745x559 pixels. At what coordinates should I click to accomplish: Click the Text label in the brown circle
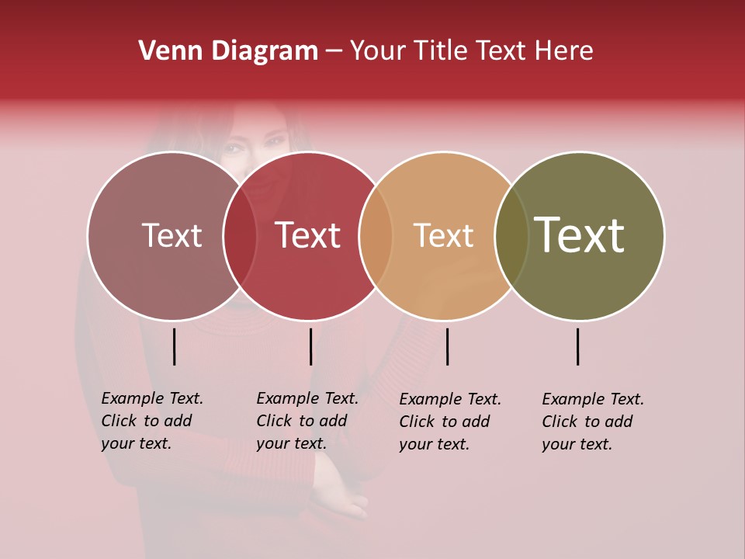click(172, 235)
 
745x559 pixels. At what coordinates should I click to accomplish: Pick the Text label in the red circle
click(307, 235)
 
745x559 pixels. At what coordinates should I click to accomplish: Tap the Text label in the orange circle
click(443, 235)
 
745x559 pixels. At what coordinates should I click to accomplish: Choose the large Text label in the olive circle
click(579, 234)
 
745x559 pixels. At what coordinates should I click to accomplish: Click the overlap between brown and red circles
click(240, 236)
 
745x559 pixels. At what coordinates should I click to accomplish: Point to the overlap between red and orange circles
click(376, 236)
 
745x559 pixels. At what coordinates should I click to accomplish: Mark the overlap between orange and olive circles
click(511, 236)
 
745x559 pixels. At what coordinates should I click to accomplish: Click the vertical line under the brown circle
click(174, 346)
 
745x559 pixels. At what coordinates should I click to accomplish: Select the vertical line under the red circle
click(310, 346)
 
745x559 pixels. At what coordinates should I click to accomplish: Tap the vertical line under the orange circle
click(447, 346)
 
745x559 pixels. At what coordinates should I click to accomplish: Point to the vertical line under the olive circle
click(578, 346)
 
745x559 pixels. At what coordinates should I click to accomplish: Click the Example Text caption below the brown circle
click(151, 421)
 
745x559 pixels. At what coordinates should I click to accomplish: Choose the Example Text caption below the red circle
click(307, 421)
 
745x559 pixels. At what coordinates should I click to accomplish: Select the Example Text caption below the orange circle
click(449, 422)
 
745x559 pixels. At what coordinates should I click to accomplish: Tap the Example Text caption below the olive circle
click(592, 422)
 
